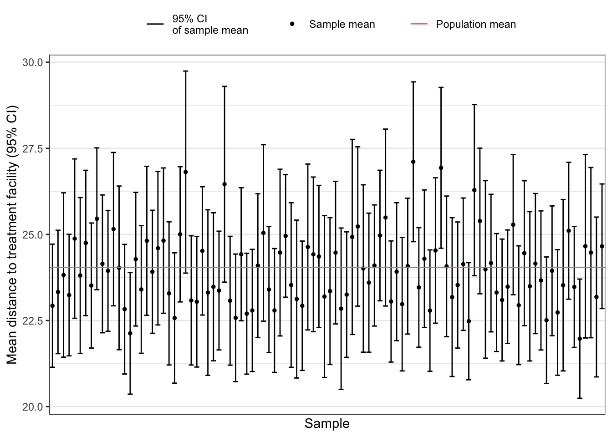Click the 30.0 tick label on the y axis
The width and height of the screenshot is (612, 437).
click(x=32, y=62)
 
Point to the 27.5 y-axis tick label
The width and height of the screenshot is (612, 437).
click(x=32, y=148)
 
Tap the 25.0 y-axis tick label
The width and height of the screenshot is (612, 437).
click(x=32, y=234)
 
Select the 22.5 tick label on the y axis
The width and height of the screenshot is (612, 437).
click(x=32, y=320)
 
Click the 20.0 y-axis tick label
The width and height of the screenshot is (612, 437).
click(x=32, y=407)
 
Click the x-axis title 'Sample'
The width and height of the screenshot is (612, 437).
click(x=327, y=424)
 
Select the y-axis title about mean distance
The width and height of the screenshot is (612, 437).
click(x=12, y=234)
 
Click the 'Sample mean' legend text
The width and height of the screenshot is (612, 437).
click(x=342, y=25)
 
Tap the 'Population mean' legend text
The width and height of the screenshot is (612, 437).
click(x=476, y=25)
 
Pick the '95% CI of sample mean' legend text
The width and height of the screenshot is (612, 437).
click(x=210, y=25)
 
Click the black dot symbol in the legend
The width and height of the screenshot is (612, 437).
click(x=292, y=24)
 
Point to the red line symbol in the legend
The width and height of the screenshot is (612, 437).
click(x=419, y=24)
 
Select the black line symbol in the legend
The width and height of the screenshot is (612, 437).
click(x=155, y=24)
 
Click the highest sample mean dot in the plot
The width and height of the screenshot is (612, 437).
click(x=413, y=162)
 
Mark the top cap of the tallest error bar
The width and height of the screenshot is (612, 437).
click(x=185, y=71)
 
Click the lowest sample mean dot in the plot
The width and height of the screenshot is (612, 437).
click(x=580, y=339)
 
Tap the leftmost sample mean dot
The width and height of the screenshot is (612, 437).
click(x=52, y=306)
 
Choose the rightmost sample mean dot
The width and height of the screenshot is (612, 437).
click(x=602, y=246)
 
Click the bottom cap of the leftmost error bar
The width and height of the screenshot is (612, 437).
click(x=52, y=367)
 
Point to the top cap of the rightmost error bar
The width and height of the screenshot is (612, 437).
click(x=602, y=184)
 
